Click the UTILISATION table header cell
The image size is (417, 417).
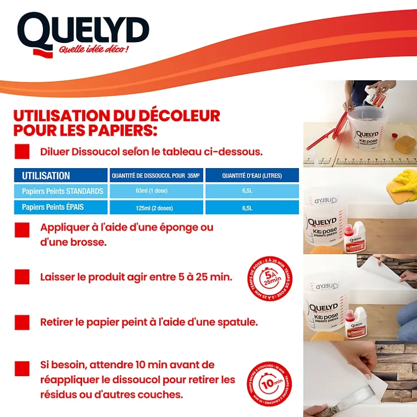[x=61, y=176]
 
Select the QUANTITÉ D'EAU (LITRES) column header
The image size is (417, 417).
[x=252, y=176]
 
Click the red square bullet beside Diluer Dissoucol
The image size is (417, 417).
[x=22, y=151]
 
